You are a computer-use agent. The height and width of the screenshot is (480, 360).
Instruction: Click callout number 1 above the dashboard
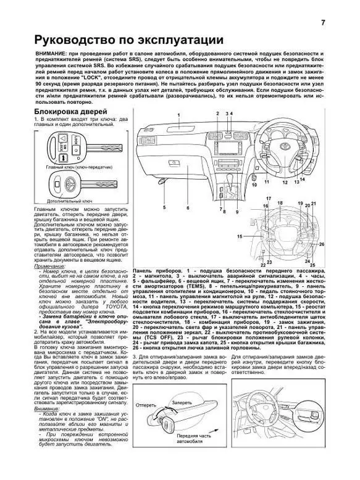[178, 115]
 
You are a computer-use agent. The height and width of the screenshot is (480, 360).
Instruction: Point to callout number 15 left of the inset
[240, 237]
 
